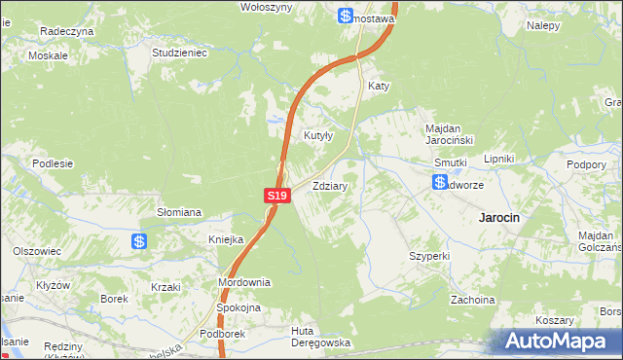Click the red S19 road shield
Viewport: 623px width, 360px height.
277,196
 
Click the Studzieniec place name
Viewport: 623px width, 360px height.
180,53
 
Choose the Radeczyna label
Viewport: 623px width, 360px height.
66,31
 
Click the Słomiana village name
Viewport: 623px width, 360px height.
179,211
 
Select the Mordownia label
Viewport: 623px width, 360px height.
243,282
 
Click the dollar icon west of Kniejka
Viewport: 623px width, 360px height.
140,241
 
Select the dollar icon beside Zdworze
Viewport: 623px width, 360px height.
440,183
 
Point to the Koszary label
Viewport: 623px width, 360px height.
555,320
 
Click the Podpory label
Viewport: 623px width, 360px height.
588,164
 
